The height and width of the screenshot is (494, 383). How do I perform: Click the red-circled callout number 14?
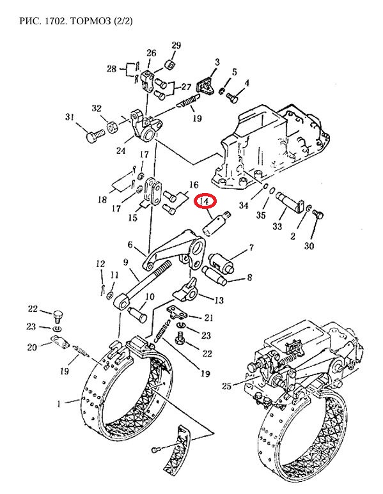[205, 201]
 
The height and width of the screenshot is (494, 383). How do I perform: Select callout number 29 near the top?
[176, 45]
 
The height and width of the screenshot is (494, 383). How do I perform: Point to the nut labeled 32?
[112, 127]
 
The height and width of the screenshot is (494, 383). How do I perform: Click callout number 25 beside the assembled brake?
[226, 385]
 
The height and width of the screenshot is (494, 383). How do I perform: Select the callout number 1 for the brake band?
[59, 404]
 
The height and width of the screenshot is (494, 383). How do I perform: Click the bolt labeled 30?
[318, 215]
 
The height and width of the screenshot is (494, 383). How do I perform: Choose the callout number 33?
[277, 226]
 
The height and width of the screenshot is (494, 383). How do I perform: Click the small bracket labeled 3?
[205, 86]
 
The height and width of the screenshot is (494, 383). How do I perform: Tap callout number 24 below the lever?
[120, 151]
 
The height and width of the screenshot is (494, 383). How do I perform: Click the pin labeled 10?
[137, 314]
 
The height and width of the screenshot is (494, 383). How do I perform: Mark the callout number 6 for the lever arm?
[131, 245]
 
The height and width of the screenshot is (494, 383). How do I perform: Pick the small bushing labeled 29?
[170, 65]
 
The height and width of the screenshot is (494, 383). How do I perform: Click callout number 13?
[219, 300]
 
